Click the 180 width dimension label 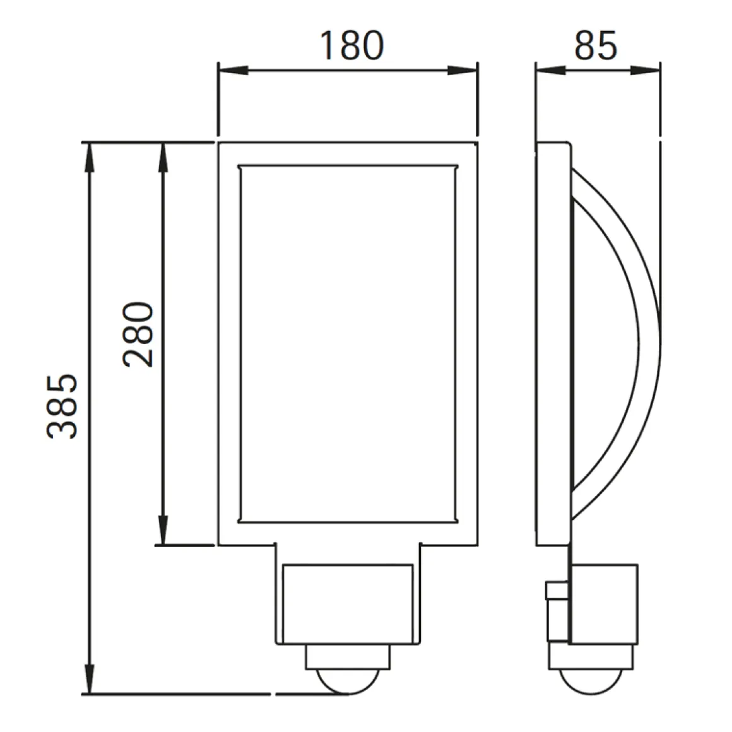[351, 45]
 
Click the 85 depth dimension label [595, 45]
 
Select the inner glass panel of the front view [347, 344]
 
